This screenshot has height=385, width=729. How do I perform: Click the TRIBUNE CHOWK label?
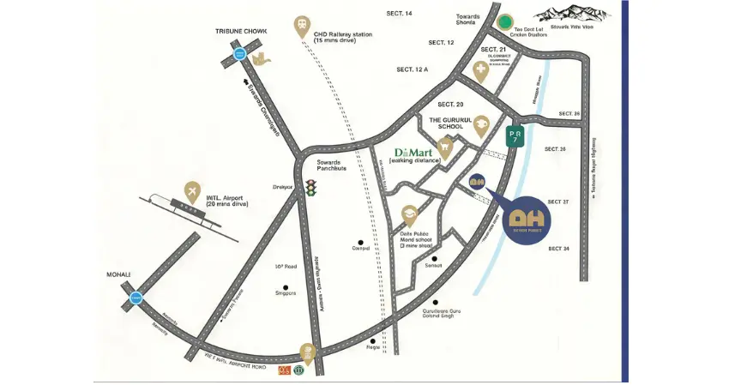[x=242, y=31]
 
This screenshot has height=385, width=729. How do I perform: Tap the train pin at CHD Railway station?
[x=301, y=26]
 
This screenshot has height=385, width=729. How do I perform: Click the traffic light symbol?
[x=310, y=187]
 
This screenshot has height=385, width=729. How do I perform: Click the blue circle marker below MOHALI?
[x=136, y=298]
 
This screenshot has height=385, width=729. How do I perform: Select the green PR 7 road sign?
[x=514, y=137]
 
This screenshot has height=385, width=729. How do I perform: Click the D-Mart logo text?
[x=413, y=148]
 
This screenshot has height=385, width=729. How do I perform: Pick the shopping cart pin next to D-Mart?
[x=444, y=147]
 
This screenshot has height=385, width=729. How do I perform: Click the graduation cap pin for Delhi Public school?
[x=410, y=213]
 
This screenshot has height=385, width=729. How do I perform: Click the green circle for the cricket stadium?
[x=506, y=21]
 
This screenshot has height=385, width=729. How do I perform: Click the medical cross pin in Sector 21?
[x=480, y=72]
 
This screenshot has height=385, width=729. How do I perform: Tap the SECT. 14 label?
[x=400, y=14]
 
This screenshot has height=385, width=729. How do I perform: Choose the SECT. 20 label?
[x=450, y=104]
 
